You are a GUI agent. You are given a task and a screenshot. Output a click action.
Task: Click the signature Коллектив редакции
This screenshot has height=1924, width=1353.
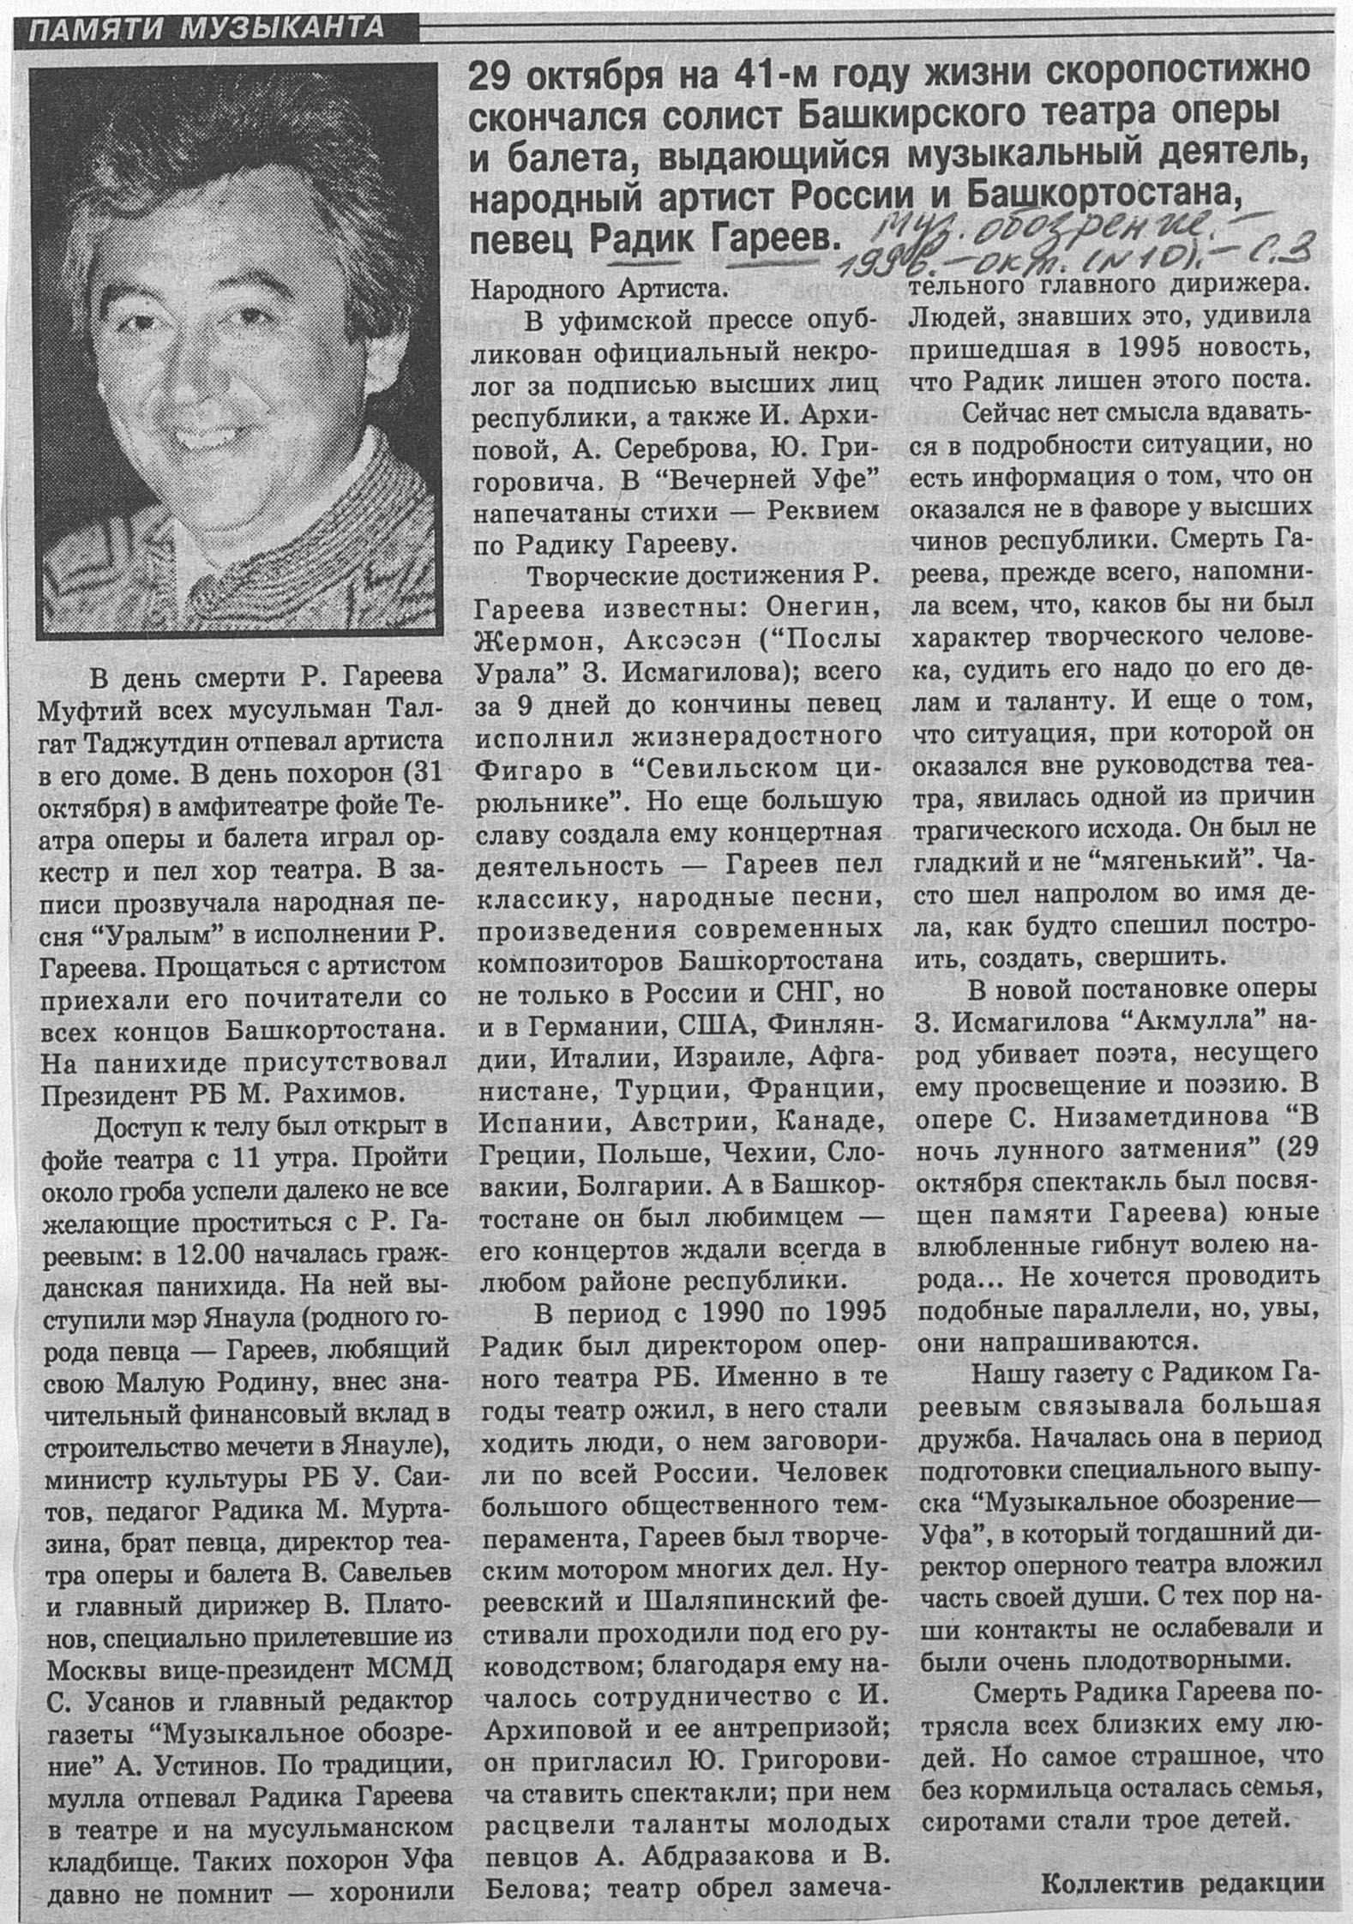pos(1182,1884)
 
